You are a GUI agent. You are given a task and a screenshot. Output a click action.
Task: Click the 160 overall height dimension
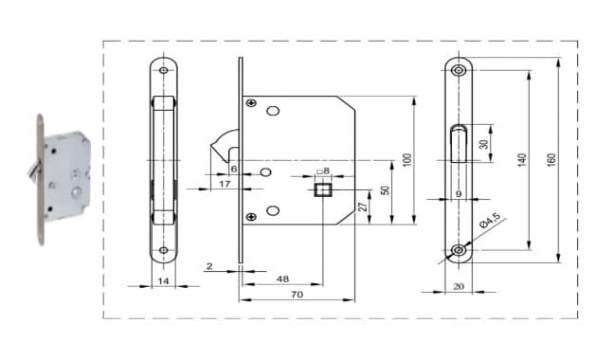tap(552, 160)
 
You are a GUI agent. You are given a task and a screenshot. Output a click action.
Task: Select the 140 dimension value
tap(522, 160)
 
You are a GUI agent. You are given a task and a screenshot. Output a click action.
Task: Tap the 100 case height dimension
tap(407, 160)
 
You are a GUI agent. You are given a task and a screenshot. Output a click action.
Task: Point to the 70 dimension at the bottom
tap(297, 294)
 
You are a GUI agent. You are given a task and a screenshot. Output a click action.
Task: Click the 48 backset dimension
tap(282, 279)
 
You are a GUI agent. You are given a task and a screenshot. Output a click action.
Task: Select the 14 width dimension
tap(163, 280)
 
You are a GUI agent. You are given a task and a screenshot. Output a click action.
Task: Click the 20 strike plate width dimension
tap(459, 286)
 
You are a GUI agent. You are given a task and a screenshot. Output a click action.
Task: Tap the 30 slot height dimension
tap(484, 144)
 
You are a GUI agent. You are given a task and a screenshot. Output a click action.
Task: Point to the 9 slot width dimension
tap(459, 193)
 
